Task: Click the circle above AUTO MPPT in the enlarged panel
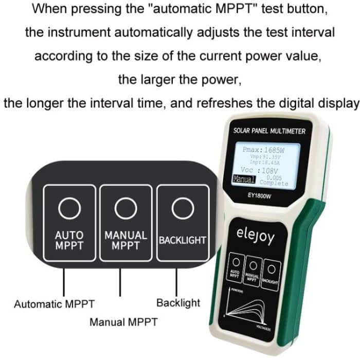[69, 208]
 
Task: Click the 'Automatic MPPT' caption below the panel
[54, 304]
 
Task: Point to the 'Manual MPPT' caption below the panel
[123, 322]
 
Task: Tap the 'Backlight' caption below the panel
[178, 303]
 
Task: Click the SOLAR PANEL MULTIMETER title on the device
[269, 131]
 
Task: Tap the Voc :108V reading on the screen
[260, 170]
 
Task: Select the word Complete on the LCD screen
[274, 183]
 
